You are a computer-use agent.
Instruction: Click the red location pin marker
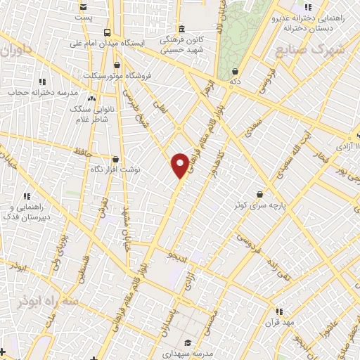(180, 165)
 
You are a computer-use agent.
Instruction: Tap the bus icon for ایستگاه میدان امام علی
(107, 33)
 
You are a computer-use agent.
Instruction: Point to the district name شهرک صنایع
(309, 51)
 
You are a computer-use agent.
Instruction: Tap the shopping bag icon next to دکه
(234, 71)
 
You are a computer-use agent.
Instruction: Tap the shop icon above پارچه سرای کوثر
(260, 193)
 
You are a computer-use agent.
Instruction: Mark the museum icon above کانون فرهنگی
(181, 29)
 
